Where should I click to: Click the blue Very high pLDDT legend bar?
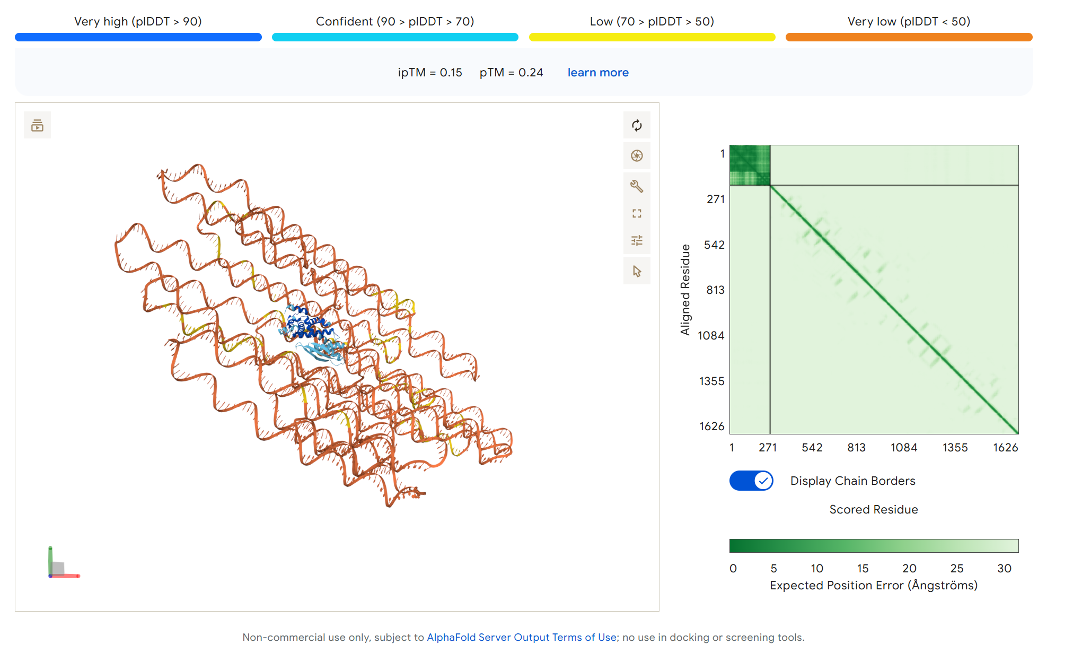coord(138,37)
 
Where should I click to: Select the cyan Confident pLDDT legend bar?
coord(395,37)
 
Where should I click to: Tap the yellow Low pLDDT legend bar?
coord(652,37)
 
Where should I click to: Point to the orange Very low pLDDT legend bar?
coord(909,37)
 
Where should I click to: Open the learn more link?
coord(598,73)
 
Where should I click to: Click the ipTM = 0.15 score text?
coord(430,73)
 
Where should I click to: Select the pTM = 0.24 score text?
coord(511,73)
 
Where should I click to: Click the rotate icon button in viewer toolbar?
coord(637,125)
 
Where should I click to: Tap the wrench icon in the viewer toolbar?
coord(637,186)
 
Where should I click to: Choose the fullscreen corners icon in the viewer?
coord(637,213)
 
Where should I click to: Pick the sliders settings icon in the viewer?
coord(637,240)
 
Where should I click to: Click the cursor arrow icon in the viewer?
coord(637,271)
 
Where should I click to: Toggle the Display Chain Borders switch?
coord(751,481)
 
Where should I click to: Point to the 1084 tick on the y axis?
coord(710,336)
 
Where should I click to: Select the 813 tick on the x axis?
coord(856,448)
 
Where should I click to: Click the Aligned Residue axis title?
coord(685,290)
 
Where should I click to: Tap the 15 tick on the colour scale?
coord(863,569)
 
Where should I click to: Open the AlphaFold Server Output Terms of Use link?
coord(521,637)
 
